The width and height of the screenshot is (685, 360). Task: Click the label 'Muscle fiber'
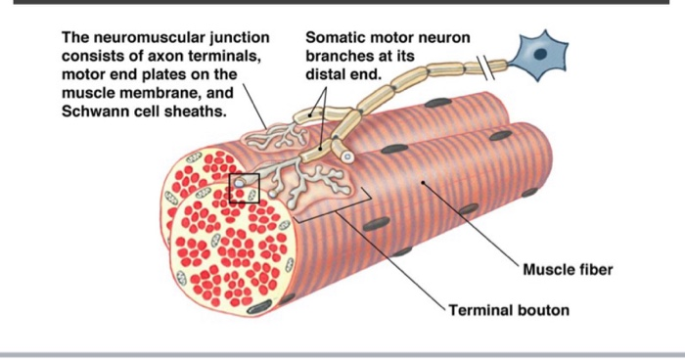pos(568,270)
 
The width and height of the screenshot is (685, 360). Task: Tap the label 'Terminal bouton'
pos(509,311)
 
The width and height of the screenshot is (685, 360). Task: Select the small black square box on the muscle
pos(244,188)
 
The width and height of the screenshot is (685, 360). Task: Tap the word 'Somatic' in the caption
pos(335,38)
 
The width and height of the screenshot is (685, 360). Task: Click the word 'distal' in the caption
pos(325,74)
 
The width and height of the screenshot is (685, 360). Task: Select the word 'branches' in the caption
pos(338,57)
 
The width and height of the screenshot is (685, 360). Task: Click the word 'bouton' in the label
pos(543,311)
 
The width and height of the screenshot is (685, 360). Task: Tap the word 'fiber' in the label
pos(594,270)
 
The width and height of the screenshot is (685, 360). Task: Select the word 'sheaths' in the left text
pos(200,111)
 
